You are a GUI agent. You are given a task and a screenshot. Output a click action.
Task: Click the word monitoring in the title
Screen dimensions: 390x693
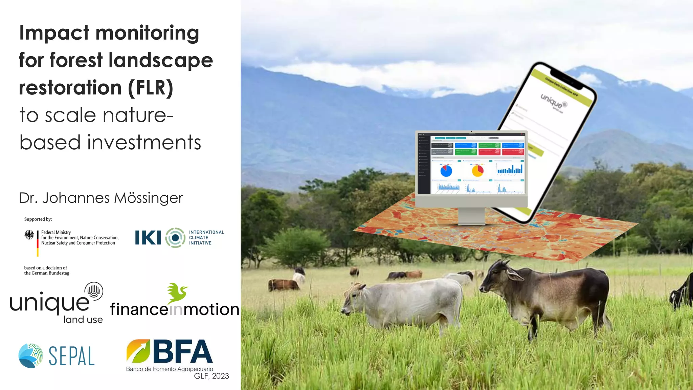pyautogui.click(x=147, y=33)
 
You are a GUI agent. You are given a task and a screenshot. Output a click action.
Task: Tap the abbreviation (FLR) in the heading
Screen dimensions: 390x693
pyautogui.click(x=151, y=88)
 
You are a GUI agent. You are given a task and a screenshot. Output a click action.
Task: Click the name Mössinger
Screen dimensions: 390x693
pyautogui.click(x=148, y=198)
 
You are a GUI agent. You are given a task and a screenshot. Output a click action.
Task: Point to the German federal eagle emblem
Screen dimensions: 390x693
pyautogui.click(x=29, y=235)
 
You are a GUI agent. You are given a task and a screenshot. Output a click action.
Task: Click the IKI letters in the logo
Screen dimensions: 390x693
pyautogui.click(x=148, y=238)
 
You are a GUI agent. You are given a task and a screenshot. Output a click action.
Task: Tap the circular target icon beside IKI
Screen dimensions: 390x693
pyautogui.click(x=175, y=238)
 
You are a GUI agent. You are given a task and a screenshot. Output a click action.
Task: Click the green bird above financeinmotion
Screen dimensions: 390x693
pyautogui.click(x=177, y=292)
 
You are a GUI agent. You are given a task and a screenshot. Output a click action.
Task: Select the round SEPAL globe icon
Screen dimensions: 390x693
pyautogui.click(x=31, y=356)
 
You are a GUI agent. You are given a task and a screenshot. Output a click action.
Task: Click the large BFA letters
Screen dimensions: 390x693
pyautogui.click(x=183, y=352)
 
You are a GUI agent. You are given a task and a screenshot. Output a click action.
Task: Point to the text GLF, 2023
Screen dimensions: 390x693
pyautogui.click(x=211, y=376)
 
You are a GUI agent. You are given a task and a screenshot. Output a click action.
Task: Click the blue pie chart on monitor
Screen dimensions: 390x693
pyautogui.click(x=446, y=171)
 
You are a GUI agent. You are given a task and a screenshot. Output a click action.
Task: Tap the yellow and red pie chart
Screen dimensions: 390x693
pyautogui.click(x=477, y=171)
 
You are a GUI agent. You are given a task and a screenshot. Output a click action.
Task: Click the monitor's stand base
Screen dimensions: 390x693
pyautogui.click(x=471, y=223)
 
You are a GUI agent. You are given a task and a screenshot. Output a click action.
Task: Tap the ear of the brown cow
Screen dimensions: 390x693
pyautogui.click(x=514, y=274)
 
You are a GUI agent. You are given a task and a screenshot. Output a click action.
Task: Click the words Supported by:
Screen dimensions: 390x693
pyautogui.click(x=38, y=219)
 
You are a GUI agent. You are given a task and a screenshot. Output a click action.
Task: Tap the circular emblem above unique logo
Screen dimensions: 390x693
pyautogui.click(x=94, y=291)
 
